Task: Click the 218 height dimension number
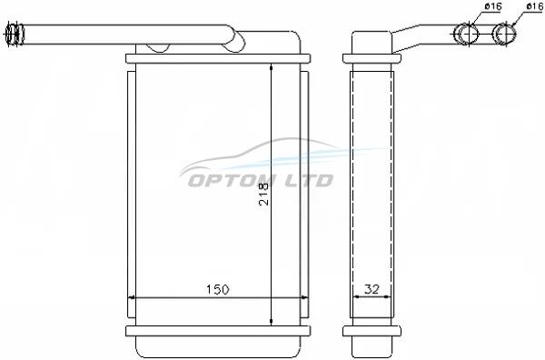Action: (264, 194)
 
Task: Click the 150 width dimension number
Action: (218, 289)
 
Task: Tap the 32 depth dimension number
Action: (372, 289)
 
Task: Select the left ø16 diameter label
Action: (493, 6)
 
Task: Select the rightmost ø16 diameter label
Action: (535, 6)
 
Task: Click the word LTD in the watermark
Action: (309, 181)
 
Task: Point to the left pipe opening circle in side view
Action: (468, 34)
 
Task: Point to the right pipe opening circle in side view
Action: (506, 34)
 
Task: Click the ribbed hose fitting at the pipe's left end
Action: (14, 34)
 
